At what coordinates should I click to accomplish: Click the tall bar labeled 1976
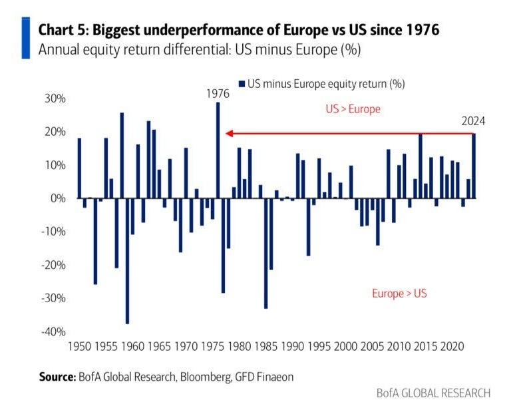(218, 150)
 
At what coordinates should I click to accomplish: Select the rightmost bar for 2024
(474, 166)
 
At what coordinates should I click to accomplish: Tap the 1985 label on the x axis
(265, 347)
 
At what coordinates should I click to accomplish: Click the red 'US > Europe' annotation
(353, 108)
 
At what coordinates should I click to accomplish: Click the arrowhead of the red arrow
(228, 133)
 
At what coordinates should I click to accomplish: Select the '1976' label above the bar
(218, 94)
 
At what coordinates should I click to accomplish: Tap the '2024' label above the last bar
(474, 121)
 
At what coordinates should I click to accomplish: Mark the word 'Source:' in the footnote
(57, 377)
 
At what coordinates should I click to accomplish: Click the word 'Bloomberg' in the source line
(198, 377)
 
